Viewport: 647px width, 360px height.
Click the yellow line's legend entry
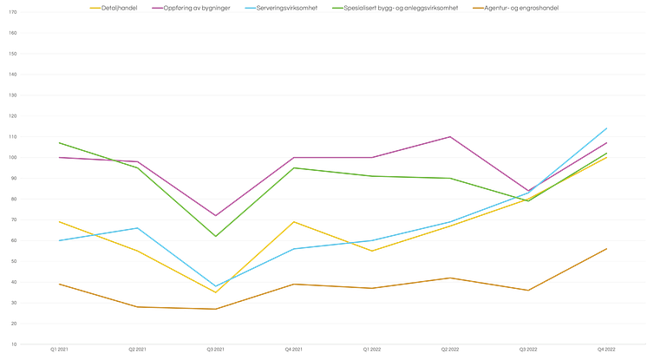click(x=114, y=6)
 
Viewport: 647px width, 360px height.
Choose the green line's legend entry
click(x=400, y=6)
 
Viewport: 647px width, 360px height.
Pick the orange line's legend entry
click(x=520, y=6)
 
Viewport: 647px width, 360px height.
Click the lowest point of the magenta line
click(x=215, y=216)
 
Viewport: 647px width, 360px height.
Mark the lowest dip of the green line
click(x=215, y=236)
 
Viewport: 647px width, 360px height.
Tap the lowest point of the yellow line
click(x=215, y=292)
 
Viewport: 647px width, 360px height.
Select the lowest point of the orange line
click(x=215, y=310)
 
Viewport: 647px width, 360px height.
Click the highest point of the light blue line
click(x=607, y=128)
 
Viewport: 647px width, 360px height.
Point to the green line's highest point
click(x=58, y=142)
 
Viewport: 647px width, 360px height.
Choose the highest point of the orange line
click(x=607, y=248)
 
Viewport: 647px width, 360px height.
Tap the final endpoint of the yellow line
click(x=607, y=159)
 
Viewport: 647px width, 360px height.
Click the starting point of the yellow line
click(x=58, y=222)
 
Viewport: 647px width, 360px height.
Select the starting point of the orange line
click(x=58, y=285)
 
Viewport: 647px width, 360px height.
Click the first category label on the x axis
click(x=58, y=350)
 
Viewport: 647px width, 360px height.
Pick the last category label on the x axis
click(x=607, y=350)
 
